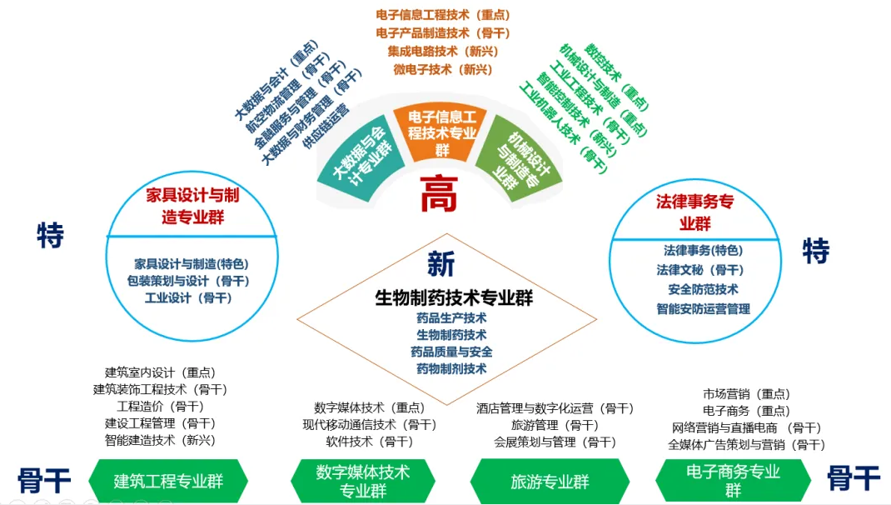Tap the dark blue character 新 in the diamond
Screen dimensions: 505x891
point(441,264)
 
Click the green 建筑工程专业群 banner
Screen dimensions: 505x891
point(169,482)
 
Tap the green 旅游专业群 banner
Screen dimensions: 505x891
point(550,482)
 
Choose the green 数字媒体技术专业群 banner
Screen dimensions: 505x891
point(363,481)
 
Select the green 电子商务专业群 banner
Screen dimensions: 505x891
point(733,481)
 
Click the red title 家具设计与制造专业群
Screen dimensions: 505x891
point(192,206)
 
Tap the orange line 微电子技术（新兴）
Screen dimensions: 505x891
point(442,69)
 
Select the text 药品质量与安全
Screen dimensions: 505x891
point(451,352)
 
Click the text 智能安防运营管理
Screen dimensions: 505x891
point(703,308)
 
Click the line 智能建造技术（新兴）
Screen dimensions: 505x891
point(160,439)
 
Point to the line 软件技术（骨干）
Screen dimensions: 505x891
point(369,441)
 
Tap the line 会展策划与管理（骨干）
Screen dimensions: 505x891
point(555,442)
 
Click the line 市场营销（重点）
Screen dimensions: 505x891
point(746,393)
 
